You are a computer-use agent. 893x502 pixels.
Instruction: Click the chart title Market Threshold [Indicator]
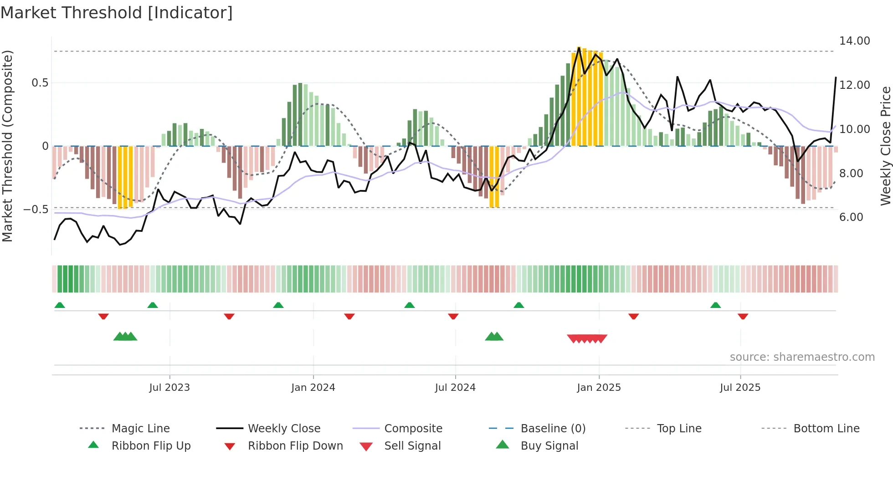117,13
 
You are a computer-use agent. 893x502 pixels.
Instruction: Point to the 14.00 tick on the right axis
854,41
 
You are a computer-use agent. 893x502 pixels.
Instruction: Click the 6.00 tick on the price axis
851,217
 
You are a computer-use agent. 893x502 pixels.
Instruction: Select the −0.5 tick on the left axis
36,210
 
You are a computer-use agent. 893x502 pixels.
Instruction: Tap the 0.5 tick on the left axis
40,83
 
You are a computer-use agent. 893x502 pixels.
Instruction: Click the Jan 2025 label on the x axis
598,388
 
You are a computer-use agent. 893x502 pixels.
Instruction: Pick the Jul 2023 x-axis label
169,388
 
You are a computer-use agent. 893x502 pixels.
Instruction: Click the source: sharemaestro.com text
802,357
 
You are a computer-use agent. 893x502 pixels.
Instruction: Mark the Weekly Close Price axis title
885,146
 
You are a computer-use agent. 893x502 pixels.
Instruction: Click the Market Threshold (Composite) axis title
7,146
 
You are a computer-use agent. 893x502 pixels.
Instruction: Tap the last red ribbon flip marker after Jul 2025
743,316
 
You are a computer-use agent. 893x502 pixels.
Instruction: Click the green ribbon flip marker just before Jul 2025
715,305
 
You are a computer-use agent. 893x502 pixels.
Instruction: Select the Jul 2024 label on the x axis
455,388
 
